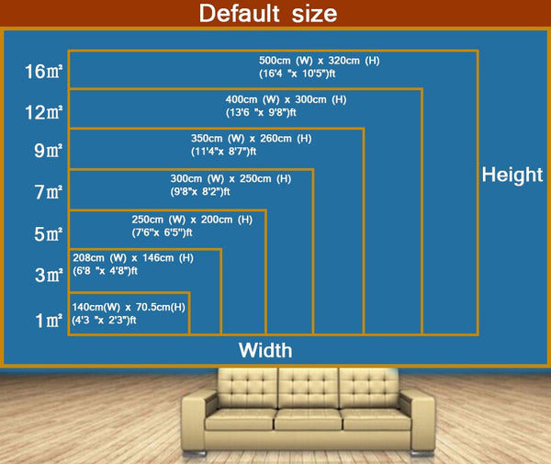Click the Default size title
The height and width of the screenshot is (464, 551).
tap(268, 14)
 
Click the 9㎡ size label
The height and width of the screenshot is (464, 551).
tap(47, 152)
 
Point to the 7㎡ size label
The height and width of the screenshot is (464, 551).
tap(47, 193)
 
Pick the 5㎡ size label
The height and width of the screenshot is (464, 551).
tap(47, 234)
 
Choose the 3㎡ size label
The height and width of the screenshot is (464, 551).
tap(47, 275)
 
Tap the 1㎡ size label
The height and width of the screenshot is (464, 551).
tap(47, 321)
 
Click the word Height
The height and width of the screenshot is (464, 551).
tap(512, 175)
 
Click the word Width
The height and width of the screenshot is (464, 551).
tap(265, 350)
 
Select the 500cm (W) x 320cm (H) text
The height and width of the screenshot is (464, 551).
tap(319, 60)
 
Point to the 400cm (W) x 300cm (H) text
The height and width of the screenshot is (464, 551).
tap(286, 99)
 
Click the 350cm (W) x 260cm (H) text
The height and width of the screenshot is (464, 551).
tap(251, 139)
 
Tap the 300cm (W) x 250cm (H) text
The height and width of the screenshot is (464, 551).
tap(231, 178)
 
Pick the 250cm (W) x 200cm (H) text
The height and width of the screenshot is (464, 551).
tap(192, 220)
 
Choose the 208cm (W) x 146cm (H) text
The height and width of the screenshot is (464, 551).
tap(133, 258)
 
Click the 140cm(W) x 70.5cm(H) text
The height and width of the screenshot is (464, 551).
tap(129, 306)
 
